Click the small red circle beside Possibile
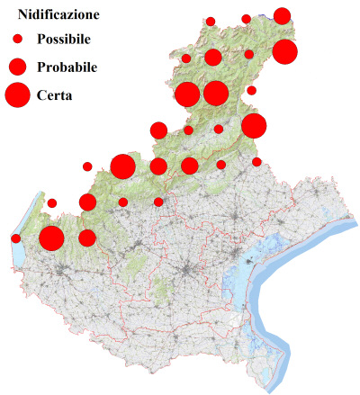[17, 39]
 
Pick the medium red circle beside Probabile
[17, 67]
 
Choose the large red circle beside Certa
[17, 94]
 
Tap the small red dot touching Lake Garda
[16, 238]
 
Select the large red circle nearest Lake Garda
[51, 238]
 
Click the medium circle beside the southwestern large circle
[87, 238]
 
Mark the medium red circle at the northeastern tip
[282, 15]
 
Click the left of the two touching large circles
[187, 94]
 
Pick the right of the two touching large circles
[215, 93]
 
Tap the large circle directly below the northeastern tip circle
[284, 51]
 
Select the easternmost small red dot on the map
[256, 162]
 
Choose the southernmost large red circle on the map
[51, 238]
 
